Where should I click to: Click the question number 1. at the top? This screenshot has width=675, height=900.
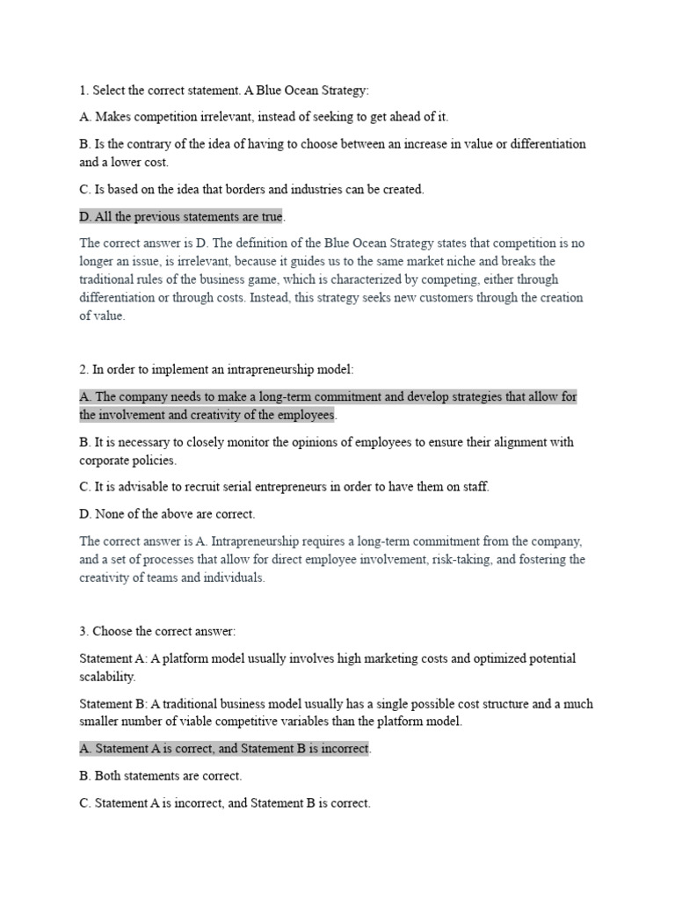coord(83,91)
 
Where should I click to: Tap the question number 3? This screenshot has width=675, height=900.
coord(83,631)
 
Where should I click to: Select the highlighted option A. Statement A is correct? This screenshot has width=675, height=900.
coord(225,749)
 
